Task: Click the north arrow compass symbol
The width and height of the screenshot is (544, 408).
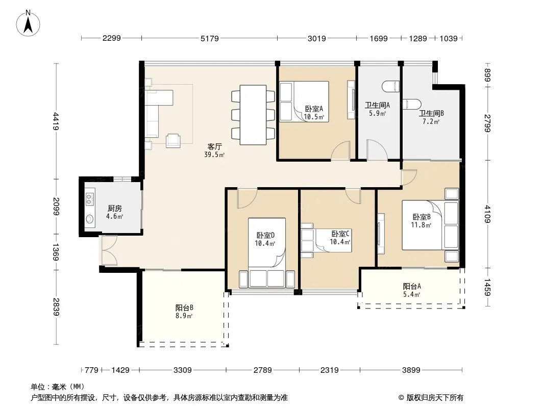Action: pos(28,23)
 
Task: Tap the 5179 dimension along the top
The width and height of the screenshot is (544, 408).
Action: pos(210,38)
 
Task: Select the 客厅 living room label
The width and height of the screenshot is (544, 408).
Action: pos(215,147)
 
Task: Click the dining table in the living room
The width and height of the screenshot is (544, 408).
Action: pos(253,115)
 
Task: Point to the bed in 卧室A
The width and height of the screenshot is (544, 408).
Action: pos(304,101)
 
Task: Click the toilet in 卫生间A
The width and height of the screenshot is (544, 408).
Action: pos(391,87)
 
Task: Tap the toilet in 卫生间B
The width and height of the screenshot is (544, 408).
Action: pos(412,104)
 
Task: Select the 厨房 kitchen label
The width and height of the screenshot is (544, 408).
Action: pos(114,208)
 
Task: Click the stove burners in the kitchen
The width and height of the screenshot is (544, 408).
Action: pos(90,199)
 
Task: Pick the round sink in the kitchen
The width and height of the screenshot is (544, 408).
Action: pos(90,219)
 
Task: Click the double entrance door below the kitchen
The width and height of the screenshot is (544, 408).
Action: pos(109,250)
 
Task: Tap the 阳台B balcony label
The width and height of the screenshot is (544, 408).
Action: pos(184,308)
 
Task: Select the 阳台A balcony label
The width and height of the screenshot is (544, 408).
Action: pos(412,286)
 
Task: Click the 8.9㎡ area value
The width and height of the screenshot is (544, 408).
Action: pos(184,316)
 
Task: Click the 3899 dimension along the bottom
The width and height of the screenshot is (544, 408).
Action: pos(411,370)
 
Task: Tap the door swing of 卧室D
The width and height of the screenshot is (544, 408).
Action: pos(247,198)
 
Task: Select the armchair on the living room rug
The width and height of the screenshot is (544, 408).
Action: pos(173,140)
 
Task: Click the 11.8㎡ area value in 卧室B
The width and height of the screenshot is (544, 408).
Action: pos(421,225)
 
